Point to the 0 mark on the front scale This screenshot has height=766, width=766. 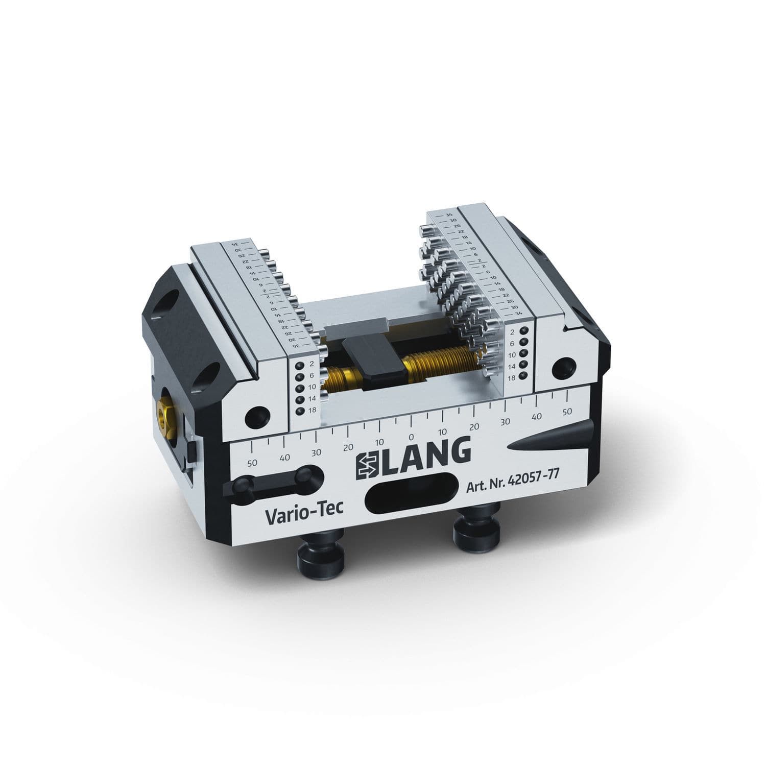point(411,437)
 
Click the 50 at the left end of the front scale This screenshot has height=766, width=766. point(252,463)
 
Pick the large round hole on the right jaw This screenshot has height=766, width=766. point(563,366)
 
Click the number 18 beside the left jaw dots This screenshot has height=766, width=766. point(312,410)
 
